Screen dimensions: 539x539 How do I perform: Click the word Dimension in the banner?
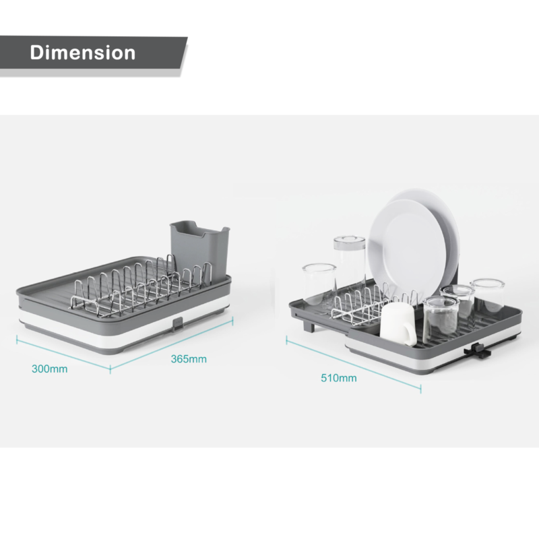point(82,53)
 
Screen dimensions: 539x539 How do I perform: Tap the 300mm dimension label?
point(49,369)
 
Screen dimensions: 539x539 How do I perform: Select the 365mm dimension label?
point(189,359)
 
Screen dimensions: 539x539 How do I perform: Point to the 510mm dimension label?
point(339,378)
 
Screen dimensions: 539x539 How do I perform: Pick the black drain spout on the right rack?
point(478,350)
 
